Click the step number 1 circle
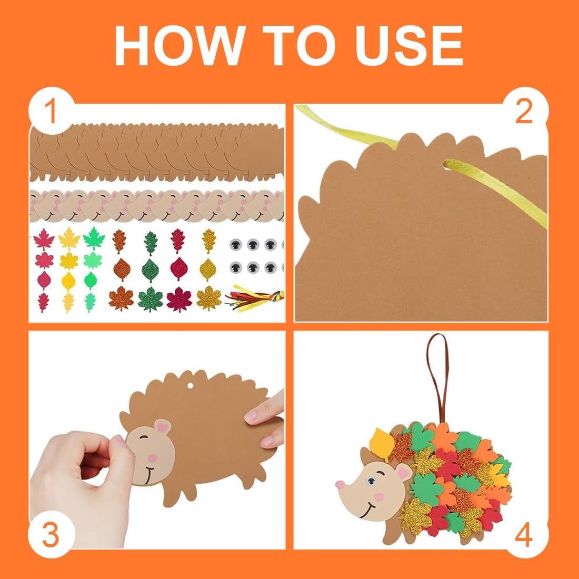51,111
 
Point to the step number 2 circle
524,111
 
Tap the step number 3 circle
51,535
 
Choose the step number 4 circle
524,535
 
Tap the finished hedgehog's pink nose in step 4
340,484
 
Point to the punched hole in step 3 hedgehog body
190,386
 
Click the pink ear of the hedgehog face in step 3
163,427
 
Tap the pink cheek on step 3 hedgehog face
152,458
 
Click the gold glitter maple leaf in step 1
208,297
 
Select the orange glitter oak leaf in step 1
119,241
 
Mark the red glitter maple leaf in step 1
179,299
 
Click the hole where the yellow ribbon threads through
447,164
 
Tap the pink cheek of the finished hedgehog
379,497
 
